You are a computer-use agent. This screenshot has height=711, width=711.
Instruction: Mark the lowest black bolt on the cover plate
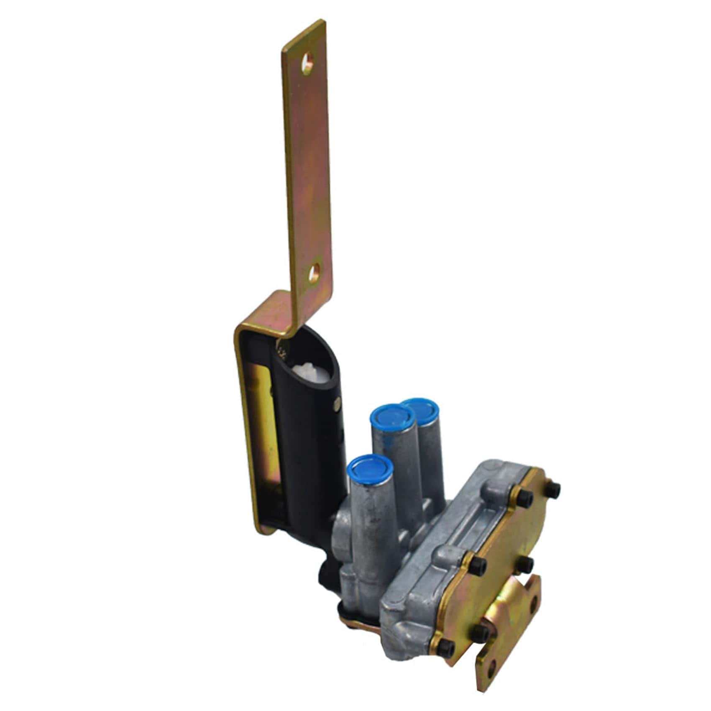(445, 658)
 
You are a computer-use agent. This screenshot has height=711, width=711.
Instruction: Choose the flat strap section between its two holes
(312, 167)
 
